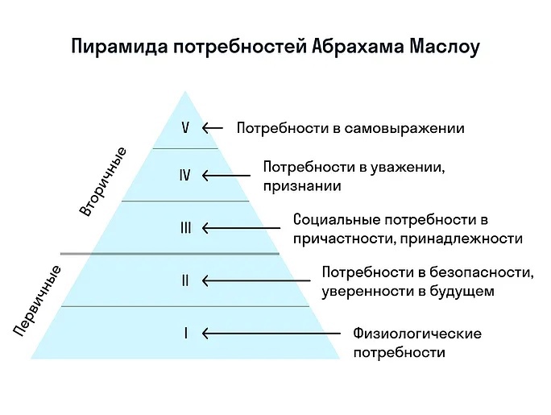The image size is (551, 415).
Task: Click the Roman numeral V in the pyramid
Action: point(185,127)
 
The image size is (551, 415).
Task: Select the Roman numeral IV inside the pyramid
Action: point(185,175)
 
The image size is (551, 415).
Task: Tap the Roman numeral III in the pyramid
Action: point(186,228)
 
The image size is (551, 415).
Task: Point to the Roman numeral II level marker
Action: point(185,280)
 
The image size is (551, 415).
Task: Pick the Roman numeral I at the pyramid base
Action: point(186,333)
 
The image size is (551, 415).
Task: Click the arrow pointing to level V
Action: point(213,128)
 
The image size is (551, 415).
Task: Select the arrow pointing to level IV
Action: point(226,176)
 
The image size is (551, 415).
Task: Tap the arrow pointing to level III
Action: point(241,228)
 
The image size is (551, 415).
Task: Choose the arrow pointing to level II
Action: point(256,280)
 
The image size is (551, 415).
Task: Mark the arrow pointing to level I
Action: point(271,334)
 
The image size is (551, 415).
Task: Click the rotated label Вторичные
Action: point(102,181)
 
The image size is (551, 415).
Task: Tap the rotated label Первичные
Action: point(38,301)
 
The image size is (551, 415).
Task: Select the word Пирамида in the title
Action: point(119,47)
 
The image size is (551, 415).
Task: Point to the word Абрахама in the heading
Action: point(358,47)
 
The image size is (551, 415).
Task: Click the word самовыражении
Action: point(404,128)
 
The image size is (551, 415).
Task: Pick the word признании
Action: point(302,186)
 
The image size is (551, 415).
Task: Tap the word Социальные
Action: point(337,220)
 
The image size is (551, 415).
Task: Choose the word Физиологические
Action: point(417,333)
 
